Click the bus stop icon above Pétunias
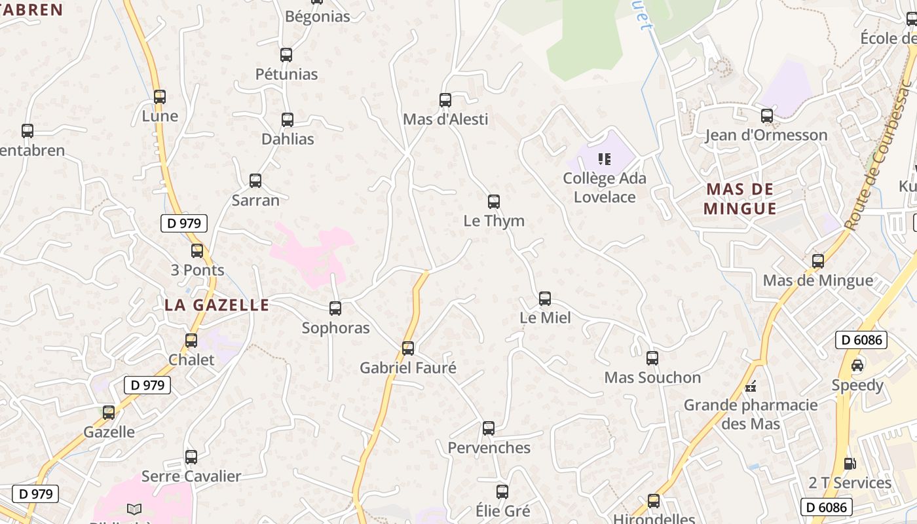(286, 55)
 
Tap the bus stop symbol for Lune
(159, 97)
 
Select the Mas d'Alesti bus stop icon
(445, 100)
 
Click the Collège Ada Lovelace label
(605, 187)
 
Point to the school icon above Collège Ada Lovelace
(605, 159)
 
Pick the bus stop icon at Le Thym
(494, 202)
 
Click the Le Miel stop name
(545, 318)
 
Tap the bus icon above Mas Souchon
(652, 358)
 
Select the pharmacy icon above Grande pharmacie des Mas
(751, 386)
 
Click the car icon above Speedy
(857, 365)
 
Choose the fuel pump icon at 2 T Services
(850, 464)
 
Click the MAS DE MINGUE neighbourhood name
(740, 199)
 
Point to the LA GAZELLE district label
(216, 305)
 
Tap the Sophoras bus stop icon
(335, 308)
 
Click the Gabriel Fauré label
(407, 368)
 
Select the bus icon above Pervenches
(489, 428)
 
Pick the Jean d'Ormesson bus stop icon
(767, 116)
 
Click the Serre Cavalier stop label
(191, 476)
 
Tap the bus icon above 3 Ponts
(197, 250)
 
